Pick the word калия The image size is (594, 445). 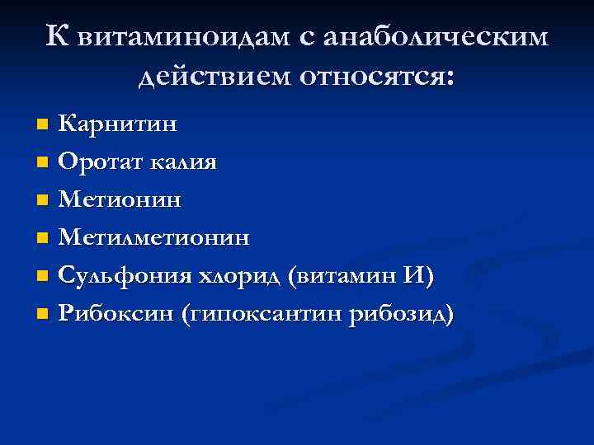[183, 162]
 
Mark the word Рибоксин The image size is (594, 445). [115, 314]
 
